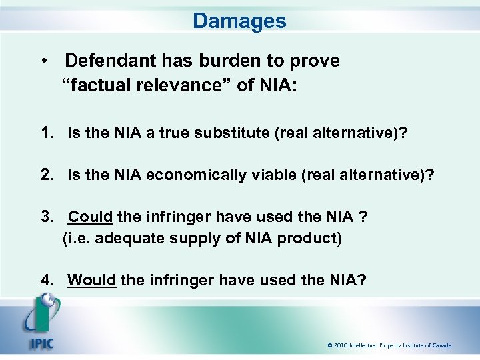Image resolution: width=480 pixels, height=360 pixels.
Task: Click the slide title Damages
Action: [x=239, y=21]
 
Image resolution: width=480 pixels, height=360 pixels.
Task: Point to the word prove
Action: [x=315, y=61]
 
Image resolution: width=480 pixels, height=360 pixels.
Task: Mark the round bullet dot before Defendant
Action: [x=43, y=61]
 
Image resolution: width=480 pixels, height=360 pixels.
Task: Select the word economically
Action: [x=191, y=175]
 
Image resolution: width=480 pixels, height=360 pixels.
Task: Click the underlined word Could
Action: [x=91, y=217]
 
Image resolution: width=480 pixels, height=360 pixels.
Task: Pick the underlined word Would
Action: [x=92, y=280]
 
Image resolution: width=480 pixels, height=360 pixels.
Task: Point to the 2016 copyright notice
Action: [x=389, y=345]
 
